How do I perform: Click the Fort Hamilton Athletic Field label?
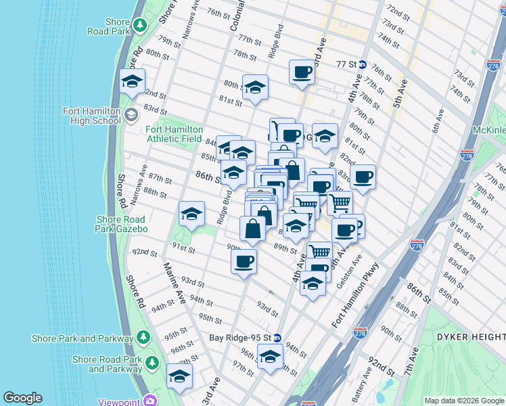[x=174, y=134]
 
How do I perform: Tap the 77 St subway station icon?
[x=363, y=65]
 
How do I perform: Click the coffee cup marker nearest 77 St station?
[x=302, y=72]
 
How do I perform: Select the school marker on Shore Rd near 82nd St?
[x=131, y=83]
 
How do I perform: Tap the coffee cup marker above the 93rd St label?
[x=244, y=261]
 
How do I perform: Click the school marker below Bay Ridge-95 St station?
[x=270, y=357]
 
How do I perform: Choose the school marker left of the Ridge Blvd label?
[x=192, y=214]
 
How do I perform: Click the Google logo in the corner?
[x=22, y=398]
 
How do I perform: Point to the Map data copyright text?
[x=464, y=401]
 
